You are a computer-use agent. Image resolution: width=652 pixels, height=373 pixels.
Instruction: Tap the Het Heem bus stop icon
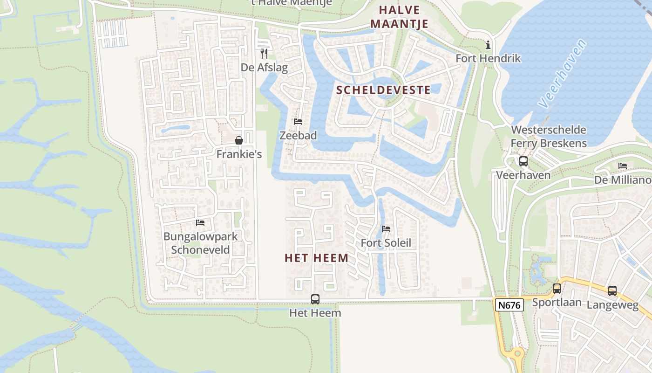315,299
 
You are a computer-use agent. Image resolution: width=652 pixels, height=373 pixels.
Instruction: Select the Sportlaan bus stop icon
557,288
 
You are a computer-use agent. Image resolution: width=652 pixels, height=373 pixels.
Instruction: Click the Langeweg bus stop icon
612,290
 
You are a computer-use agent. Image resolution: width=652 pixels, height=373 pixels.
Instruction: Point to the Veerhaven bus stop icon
523,161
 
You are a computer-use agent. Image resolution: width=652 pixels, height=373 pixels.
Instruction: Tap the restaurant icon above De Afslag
264,53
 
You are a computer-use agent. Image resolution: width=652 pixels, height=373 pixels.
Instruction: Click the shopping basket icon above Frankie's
239,140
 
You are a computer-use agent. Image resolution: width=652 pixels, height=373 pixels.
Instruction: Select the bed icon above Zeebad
298,122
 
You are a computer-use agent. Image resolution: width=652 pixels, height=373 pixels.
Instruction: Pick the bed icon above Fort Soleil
386,229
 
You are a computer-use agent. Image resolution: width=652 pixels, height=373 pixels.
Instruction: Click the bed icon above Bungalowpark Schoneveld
200,222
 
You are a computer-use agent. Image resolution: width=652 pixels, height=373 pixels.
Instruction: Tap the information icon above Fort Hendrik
488,45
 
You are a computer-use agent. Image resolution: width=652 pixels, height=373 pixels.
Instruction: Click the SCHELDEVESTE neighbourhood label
383,90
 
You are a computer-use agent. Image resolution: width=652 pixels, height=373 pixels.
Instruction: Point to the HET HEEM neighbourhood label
317,258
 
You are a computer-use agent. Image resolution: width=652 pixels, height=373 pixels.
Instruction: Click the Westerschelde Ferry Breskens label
549,137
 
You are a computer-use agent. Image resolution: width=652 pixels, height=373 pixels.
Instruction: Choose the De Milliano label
623,180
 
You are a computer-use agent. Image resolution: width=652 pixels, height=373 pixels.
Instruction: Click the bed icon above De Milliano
623,166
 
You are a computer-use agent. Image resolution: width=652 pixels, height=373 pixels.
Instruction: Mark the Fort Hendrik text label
488,58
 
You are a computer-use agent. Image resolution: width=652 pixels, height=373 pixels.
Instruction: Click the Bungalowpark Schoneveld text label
200,243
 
